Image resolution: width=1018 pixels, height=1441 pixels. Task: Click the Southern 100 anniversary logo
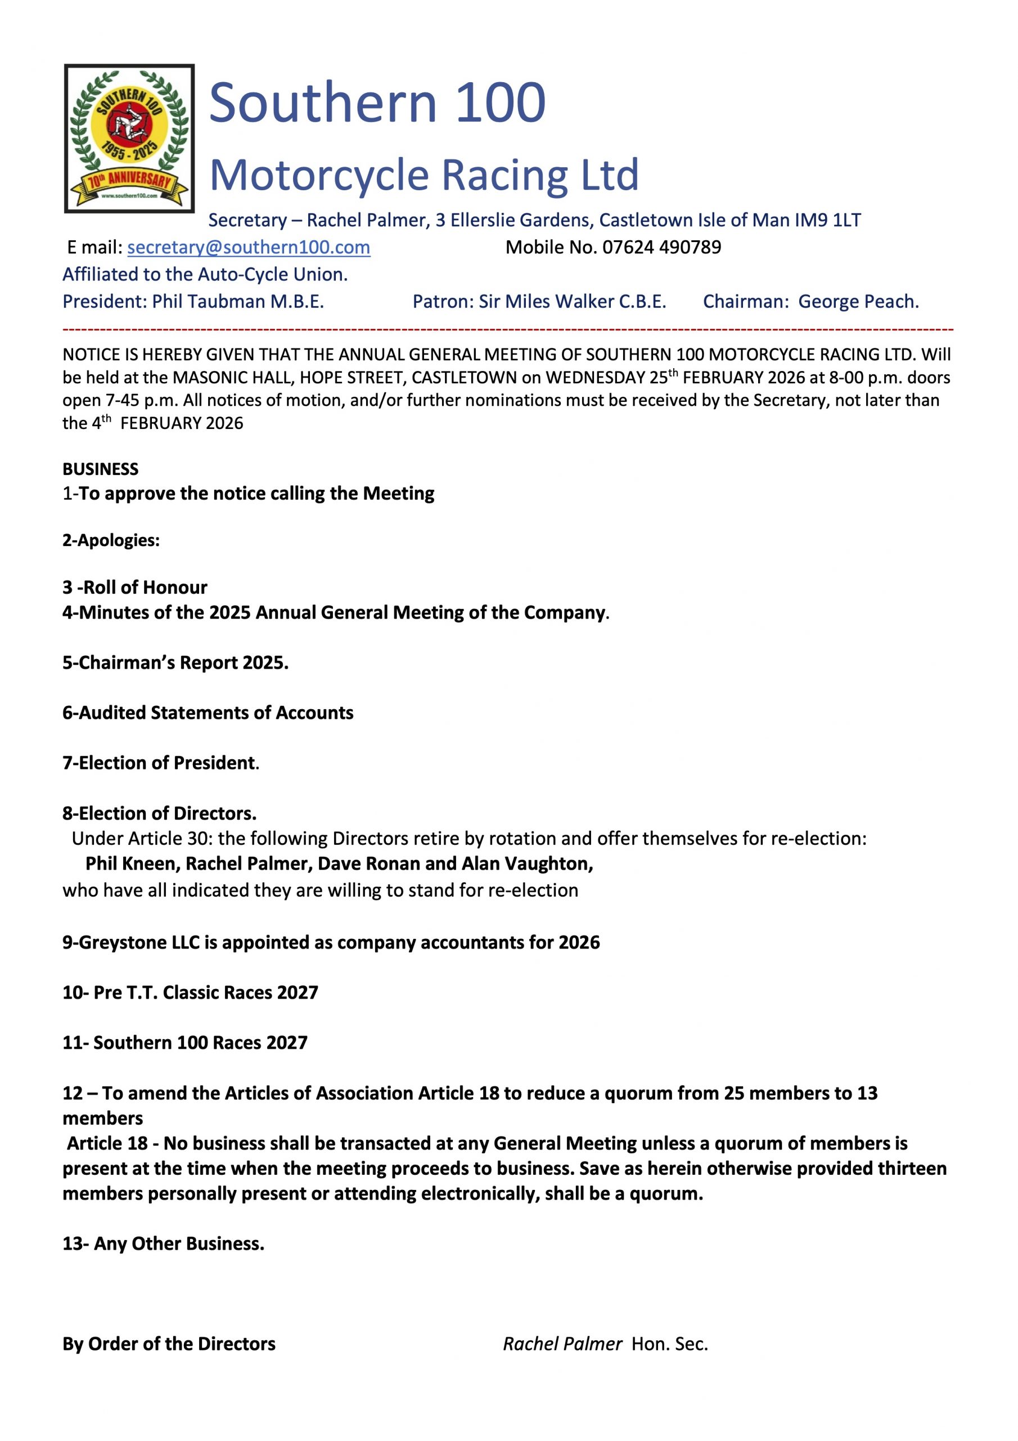[129, 138]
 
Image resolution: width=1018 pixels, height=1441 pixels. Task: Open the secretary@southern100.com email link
[249, 247]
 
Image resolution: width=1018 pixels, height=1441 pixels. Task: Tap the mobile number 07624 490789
[662, 247]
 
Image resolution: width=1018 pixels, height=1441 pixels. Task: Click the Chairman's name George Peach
[858, 302]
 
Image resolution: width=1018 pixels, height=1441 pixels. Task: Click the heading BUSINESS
[100, 469]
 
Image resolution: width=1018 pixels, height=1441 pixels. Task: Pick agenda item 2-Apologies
[111, 540]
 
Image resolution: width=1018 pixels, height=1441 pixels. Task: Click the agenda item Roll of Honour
[135, 588]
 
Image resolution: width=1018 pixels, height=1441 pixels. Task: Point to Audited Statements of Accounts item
[208, 713]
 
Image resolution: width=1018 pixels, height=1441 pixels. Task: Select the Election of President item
[160, 763]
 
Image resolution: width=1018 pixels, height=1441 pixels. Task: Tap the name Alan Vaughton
[527, 864]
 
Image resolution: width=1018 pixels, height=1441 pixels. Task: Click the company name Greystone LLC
[138, 943]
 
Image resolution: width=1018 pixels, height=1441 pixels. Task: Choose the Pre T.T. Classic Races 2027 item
[191, 993]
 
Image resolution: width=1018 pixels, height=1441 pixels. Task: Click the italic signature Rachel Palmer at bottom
[562, 1344]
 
